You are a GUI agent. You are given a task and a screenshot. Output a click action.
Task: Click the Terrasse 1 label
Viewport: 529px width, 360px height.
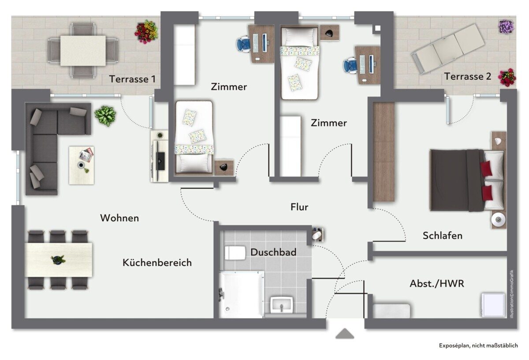[x=132, y=79]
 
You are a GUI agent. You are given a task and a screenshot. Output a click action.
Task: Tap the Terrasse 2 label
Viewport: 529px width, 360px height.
[x=468, y=76]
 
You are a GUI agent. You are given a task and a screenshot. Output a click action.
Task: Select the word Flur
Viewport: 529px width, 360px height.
[x=299, y=207]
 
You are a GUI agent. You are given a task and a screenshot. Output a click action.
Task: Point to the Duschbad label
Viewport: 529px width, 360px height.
[x=273, y=252]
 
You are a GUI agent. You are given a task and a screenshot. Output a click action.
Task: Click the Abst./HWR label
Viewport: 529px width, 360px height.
[x=437, y=283]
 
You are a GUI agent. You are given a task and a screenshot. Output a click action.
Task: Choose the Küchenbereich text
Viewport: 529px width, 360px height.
[x=157, y=263]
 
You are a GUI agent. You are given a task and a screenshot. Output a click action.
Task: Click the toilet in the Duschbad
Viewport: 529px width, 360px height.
[x=235, y=253]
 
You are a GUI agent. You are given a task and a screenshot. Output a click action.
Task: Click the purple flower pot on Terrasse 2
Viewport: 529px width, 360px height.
[x=507, y=26]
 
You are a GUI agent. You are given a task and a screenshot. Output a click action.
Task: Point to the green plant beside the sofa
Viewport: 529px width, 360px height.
[x=105, y=116]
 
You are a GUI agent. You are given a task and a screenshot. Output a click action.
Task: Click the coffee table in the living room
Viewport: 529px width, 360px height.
[x=82, y=165]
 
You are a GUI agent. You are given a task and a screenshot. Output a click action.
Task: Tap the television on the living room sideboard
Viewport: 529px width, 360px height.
[x=161, y=161]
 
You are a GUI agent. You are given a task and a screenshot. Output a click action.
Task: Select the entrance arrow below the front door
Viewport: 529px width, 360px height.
[x=345, y=333]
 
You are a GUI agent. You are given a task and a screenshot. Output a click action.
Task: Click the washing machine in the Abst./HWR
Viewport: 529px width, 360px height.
[x=493, y=305]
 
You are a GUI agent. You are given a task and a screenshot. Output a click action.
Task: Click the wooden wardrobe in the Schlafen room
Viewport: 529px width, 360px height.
[x=384, y=152]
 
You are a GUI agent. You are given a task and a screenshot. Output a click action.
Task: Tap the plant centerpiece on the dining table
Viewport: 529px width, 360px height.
[x=58, y=260]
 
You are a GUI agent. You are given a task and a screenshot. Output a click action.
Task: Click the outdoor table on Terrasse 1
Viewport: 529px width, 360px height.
[x=83, y=51]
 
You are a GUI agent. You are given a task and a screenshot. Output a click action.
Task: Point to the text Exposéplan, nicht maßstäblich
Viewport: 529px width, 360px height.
[x=478, y=345]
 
